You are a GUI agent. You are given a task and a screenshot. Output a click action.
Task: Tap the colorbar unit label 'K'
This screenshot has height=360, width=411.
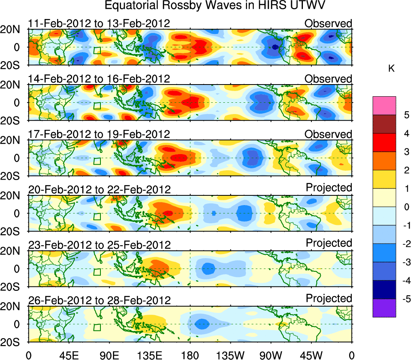click(391, 69)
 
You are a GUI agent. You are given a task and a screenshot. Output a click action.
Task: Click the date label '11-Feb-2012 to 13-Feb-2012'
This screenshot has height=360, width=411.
click(99, 23)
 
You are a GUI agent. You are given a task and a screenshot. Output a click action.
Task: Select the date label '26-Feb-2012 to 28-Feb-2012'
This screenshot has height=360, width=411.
click(99, 300)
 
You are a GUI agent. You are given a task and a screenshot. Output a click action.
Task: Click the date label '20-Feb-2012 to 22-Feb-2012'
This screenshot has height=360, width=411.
click(99, 189)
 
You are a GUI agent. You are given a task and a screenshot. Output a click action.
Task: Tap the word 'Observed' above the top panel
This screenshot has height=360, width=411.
click(328, 23)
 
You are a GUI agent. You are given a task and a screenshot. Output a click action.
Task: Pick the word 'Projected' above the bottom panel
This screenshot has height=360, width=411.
click(329, 299)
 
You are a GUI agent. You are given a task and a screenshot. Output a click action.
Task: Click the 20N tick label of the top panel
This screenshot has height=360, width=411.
click(14, 30)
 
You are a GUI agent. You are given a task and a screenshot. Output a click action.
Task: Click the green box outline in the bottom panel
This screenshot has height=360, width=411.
click(97, 328)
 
